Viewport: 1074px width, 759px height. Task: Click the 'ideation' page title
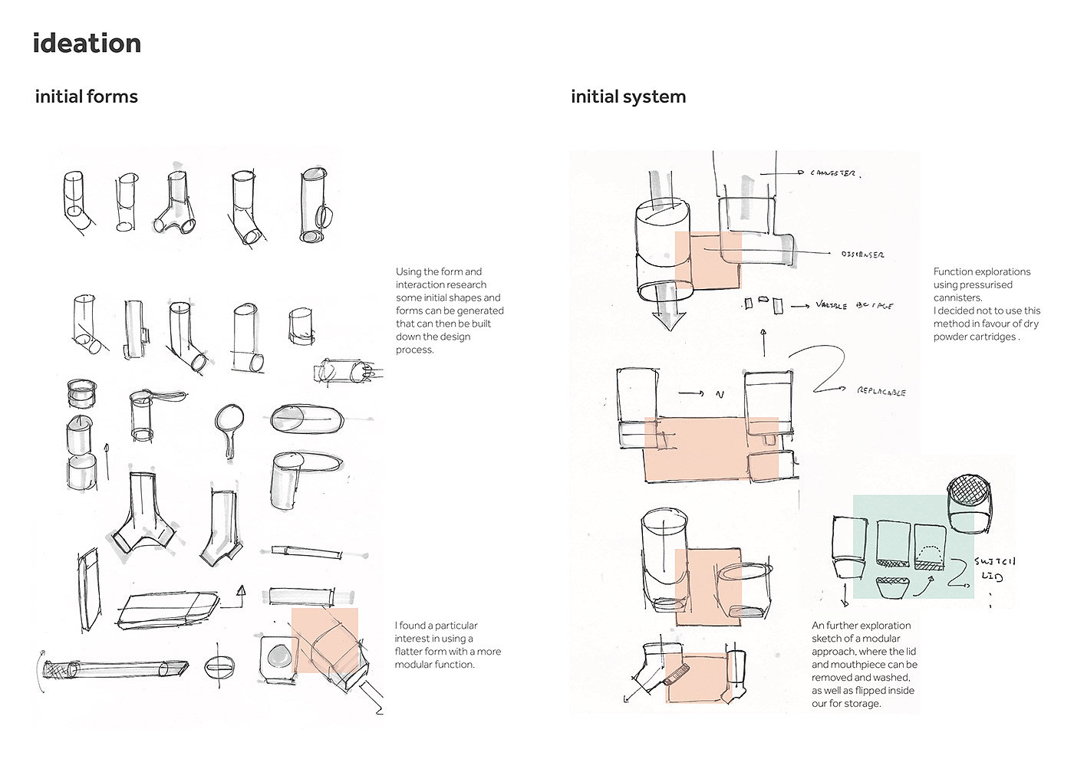87,44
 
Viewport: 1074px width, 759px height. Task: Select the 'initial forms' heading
87,97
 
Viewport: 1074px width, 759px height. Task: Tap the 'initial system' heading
628,97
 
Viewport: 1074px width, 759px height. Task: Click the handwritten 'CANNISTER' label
835,174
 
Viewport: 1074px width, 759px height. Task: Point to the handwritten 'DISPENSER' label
862,255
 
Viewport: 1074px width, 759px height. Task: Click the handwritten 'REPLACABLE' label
881,392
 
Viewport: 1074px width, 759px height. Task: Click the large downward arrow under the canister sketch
668,315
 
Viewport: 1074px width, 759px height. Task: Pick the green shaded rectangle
913,546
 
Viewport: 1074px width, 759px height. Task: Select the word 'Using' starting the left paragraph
409,271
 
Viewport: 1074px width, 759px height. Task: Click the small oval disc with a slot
219,667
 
